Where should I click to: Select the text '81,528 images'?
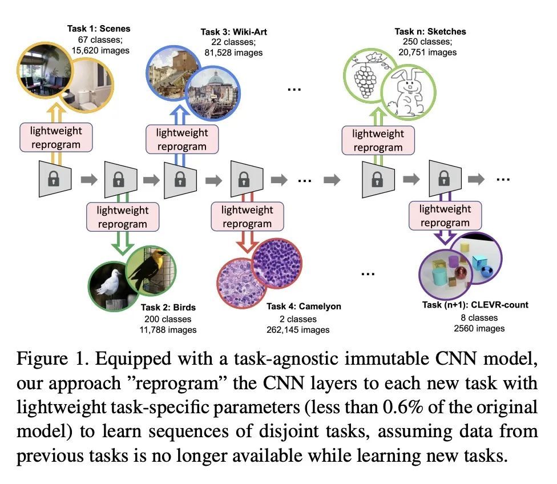[233, 53]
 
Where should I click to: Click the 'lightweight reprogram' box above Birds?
[122, 217]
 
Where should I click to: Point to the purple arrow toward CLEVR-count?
[445, 235]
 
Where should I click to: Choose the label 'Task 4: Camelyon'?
[304, 306]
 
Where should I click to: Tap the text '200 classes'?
[168, 319]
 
